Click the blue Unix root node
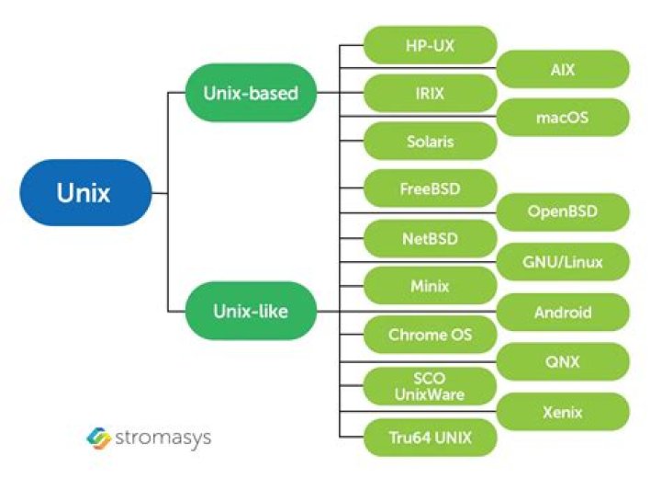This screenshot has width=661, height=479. [85, 193]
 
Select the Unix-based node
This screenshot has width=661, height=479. [251, 93]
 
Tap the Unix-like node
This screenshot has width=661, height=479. [251, 312]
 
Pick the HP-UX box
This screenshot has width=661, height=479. [430, 44]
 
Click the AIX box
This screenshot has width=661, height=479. [563, 69]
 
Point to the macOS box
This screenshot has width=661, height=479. [563, 117]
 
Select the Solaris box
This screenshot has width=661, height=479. [430, 143]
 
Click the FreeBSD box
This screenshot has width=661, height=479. [430, 189]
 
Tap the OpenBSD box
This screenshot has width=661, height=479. [563, 212]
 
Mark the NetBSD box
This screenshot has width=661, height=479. [430, 239]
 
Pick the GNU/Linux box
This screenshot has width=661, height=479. [563, 262]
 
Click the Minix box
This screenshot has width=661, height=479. [430, 286]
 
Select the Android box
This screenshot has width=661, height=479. [563, 313]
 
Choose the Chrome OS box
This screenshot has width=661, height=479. [430, 335]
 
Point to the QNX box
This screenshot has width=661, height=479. [563, 362]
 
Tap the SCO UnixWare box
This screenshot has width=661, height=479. [430, 386]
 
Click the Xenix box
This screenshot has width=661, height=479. [563, 413]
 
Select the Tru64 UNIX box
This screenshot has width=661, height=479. [430, 437]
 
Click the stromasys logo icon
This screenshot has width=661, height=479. [98, 436]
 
